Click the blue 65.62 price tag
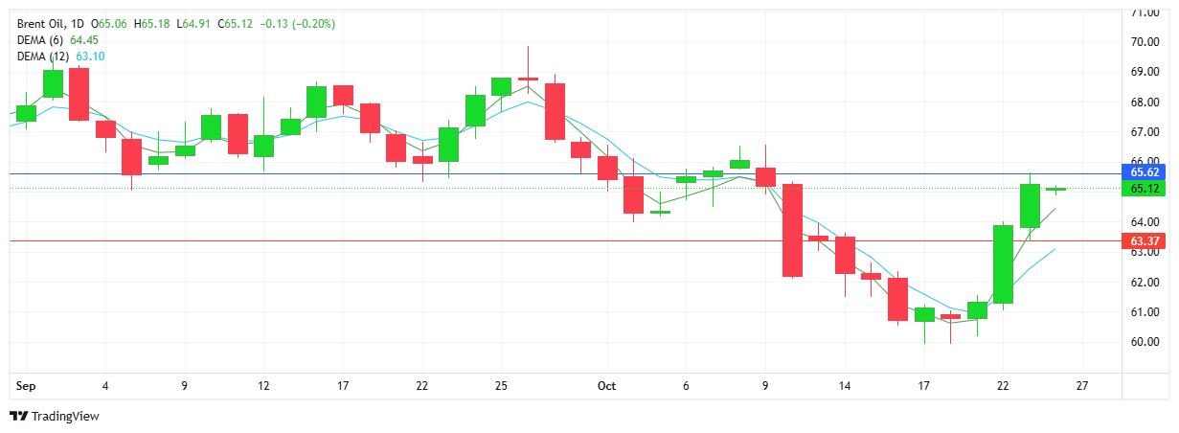[x=1145, y=172]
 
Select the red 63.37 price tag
[x=1145, y=241]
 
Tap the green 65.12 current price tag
[x=1145, y=189]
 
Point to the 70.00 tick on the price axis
[x=1145, y=42]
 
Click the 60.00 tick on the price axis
[x=1145, y=342]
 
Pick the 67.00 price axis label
[x=1145, y=132]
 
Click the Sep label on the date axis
[x=26, y=386]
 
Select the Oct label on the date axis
[x=606, y=386]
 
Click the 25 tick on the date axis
[x=501, y=386]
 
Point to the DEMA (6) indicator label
[x=40, y=40]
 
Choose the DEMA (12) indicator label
[x=43, y=57]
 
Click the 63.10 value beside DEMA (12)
[x=90, y=57]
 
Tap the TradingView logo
[x=55, y=417]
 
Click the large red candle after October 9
[x=792, y=230]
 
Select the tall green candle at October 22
[x=1004, y=263]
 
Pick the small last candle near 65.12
[x=1056, y=190]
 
